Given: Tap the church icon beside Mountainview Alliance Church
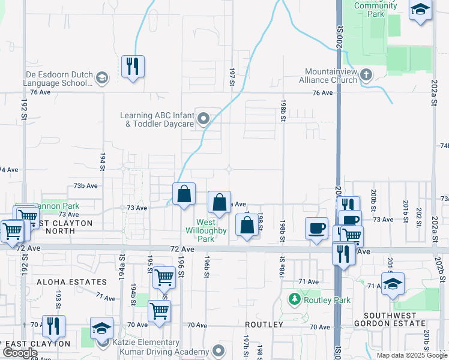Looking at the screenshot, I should (366, 75).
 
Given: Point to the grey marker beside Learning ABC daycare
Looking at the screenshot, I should (204, 119).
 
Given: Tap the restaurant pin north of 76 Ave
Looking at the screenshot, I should (132, 66).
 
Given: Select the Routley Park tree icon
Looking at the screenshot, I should (294, 298).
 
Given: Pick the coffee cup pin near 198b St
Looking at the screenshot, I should (316, 229).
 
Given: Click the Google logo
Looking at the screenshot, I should (21, 352).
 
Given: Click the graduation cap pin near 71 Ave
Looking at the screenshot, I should (393, 284).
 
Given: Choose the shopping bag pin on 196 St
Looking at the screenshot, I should (184, 194).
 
